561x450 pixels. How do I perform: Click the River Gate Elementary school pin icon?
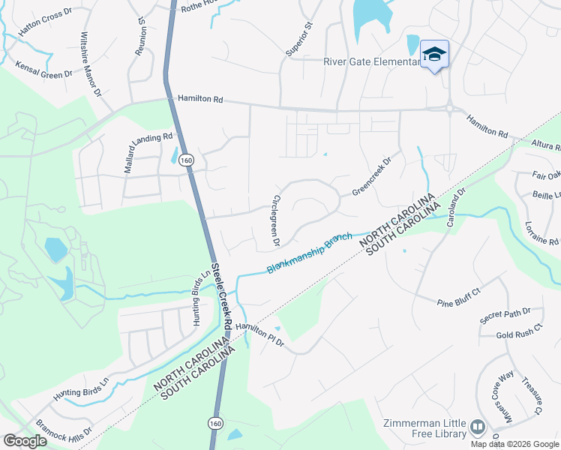434,53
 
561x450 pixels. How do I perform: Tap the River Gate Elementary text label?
370,62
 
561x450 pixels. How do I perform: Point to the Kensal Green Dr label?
44,69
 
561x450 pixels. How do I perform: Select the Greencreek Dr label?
373,176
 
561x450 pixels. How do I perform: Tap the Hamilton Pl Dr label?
259,335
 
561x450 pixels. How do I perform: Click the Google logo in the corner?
25,440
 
